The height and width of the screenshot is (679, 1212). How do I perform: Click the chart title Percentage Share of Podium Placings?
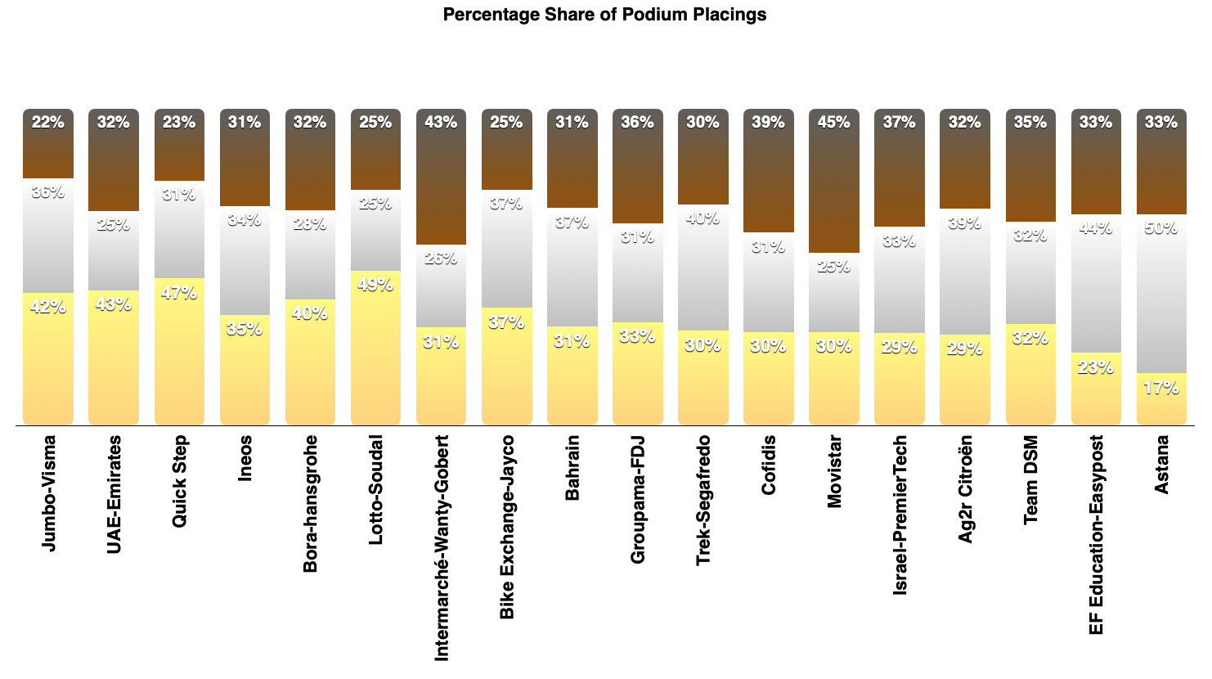(x=604, y=15)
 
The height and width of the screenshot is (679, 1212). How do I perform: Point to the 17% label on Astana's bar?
(x=1161, y=388)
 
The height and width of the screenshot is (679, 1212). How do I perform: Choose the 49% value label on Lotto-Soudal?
(x=375, y=286)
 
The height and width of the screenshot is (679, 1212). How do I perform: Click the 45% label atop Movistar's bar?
(x=833, y=123)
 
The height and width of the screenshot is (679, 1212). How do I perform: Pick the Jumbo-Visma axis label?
(x=49, y=493)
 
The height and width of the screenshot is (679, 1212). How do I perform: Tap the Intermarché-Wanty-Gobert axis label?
(x=442, y=547)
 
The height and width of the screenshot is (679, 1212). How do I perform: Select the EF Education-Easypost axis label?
(x=1096, y=534)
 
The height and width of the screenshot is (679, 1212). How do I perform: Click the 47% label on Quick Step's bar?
(x=179, y=293)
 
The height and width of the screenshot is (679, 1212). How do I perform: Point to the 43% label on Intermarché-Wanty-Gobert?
(x=441, y=123)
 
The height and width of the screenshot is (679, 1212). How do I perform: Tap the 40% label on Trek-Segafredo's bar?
(x=703, y=218)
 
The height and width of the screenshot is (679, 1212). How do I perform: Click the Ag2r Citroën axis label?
(x=965, y=488)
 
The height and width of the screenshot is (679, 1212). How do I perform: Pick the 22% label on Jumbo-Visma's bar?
(x=48, y=123)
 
